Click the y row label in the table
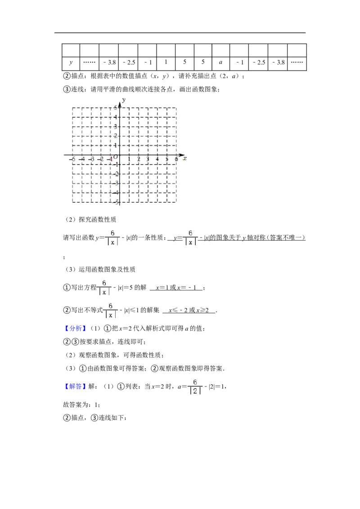pos(71,63)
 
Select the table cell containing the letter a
pos(220,63)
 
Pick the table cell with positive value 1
pos(166,63)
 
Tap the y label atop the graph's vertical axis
pos(124,100)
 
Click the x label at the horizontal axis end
pos(184,158)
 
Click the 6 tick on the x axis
pos(176,159)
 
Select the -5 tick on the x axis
pos(72,159)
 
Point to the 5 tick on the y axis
pos(115,107)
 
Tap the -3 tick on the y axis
pos(116,183)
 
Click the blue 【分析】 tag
pos(75,329)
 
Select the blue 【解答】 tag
pos(75,386)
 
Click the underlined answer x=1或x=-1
pos(176,288)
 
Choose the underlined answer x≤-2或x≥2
pos(189,310)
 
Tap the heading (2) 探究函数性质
pos(90,220)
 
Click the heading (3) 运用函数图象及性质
pos(100,269)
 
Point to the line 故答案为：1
pos(81,405)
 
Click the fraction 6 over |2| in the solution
pos(195,387)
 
